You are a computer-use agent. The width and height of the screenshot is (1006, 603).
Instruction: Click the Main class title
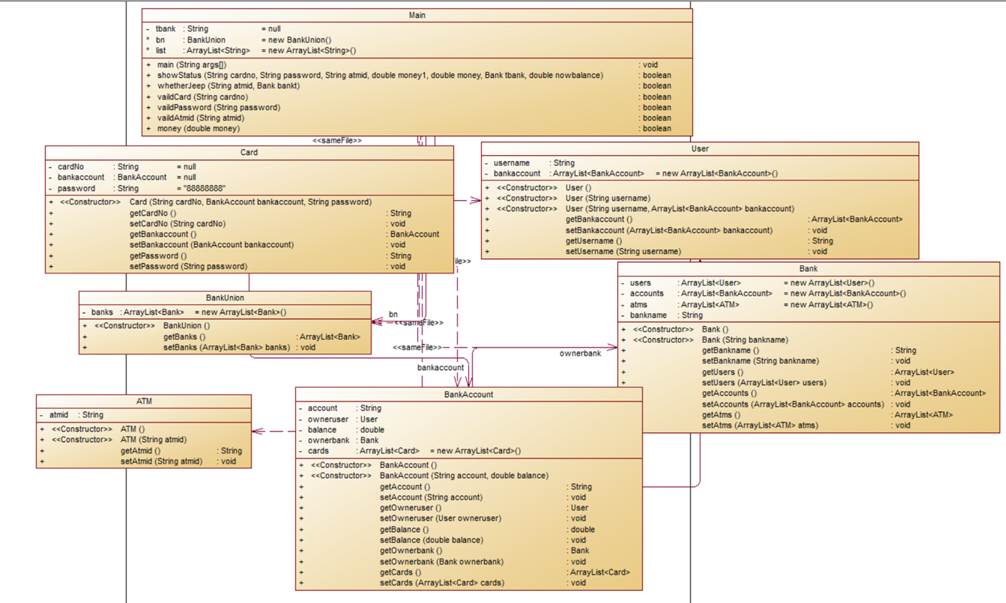coord(417,15)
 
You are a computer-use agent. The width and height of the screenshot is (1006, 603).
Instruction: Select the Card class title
coord(249,152)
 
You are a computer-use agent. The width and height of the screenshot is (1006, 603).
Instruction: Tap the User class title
coord(700,149)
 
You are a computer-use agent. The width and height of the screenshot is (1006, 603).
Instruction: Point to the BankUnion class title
coord(225,298)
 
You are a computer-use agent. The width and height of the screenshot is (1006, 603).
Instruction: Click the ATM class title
coord(144,402)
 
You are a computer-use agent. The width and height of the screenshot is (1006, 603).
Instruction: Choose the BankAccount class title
coord(469,394)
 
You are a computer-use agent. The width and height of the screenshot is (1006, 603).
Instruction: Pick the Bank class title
coord(808,268)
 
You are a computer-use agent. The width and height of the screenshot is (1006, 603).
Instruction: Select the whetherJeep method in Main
coord(228,85)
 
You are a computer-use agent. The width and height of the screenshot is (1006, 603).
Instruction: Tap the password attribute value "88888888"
coord(204,188)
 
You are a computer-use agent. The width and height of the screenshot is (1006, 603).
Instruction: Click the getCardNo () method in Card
coord(153,213)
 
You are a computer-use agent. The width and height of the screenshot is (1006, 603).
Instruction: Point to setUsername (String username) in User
coord(623,252)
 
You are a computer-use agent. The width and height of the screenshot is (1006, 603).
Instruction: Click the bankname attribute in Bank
coord(648,315)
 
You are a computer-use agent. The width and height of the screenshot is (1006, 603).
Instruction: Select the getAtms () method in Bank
coord(721,414)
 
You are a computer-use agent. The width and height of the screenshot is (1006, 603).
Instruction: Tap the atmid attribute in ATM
coord(59,414)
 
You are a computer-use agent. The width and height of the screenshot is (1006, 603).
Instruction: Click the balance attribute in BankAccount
coord(323,430)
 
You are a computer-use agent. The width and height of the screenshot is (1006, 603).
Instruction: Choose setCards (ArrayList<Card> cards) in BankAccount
coord(442,583)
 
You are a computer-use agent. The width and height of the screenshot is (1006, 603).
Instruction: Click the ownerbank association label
coord(581,354)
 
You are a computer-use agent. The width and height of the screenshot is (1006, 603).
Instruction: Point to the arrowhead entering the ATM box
coord(257,431)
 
